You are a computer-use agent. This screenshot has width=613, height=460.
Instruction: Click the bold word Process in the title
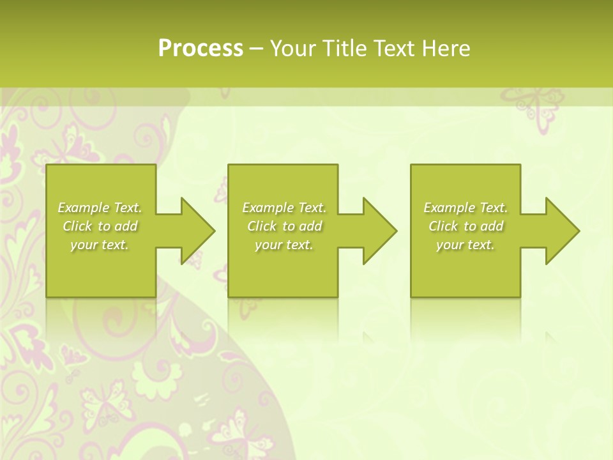(x=201, y=49)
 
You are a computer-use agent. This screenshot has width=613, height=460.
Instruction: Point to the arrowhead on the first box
(x=195, y=231)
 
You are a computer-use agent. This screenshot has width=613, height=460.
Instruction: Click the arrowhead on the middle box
(x=378, y=231)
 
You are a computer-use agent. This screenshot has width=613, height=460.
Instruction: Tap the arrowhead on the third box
(x=561, y=231)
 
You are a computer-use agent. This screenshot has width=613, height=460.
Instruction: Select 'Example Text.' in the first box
(x=100, y=208)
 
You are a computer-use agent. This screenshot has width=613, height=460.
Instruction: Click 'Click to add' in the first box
(x=100, y=226)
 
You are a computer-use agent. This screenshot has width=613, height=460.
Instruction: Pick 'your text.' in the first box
(x=100, y=245)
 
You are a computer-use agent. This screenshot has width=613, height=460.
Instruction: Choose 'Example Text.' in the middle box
(x=284, y=208)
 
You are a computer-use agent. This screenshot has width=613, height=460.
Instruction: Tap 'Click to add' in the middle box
(x=284, y=226)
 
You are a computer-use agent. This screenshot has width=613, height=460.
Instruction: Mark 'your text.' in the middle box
(x=284, y=245)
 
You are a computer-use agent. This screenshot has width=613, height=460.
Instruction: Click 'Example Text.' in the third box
(x=465, y=208)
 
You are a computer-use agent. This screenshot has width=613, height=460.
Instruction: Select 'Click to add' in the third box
(x=465, y=226)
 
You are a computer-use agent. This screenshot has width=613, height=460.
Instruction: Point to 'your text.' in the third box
(x=465, y=245)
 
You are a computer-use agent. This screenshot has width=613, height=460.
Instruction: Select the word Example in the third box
(x=450, y=208)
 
